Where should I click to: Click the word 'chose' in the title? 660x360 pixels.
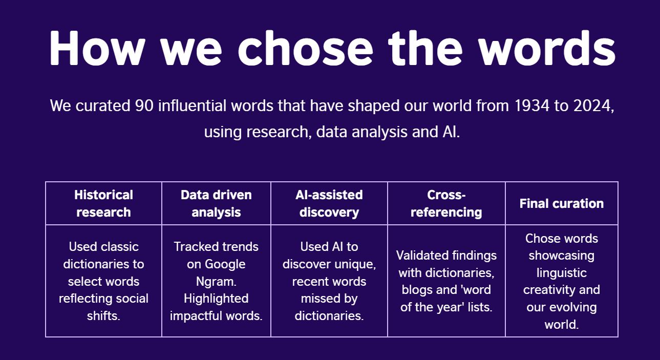click(x=306, y=48)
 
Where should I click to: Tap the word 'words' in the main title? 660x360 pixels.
click(x=547, y=48)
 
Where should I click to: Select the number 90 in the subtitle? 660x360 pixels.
click(x=144, y=105)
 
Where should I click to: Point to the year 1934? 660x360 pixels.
click(x=532, y=105)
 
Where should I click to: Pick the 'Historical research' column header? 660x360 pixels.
click(x=103, y=204)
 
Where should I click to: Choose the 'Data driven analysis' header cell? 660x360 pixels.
click(x=216, y=204)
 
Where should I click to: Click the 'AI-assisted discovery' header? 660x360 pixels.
click(x=329, y=204)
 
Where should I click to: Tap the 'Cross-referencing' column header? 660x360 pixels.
click(x=446, y=204)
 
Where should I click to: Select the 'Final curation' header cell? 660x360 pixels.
click(x=562, y=204)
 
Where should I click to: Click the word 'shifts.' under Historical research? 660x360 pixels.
click(x=103, y=316)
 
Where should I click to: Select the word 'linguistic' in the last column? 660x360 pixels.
click(x=562, y=273)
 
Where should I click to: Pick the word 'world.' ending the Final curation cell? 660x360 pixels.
click(x=562, y=325)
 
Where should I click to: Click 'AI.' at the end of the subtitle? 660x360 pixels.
click(x=451, y=132)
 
